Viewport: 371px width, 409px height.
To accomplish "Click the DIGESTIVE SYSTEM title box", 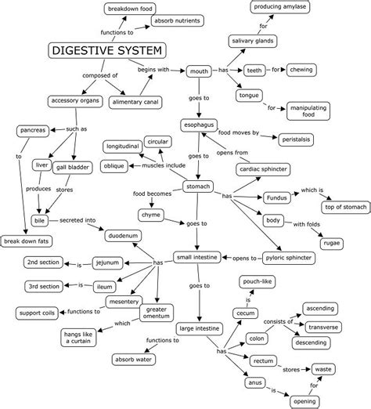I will click(x=108, y=51).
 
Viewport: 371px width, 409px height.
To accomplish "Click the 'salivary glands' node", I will click(x=250, y=41).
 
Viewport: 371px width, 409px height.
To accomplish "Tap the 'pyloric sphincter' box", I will click(x=287, y=257).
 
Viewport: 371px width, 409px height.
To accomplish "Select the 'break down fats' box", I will click(x=27, y=241).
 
